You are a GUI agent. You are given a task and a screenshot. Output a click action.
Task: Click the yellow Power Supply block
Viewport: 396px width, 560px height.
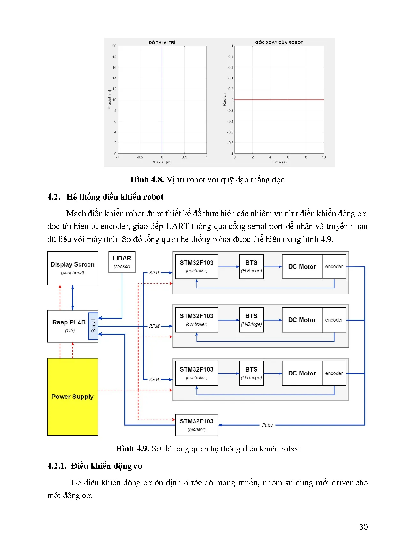point(72,397)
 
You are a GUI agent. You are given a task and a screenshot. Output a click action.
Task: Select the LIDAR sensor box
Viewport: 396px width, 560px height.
point(122,262)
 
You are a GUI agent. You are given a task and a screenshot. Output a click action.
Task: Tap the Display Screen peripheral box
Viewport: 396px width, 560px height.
point(72,268)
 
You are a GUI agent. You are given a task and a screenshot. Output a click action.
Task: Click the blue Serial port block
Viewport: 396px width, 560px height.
point(93,326)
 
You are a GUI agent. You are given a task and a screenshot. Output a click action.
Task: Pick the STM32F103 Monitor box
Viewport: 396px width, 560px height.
point(196,425)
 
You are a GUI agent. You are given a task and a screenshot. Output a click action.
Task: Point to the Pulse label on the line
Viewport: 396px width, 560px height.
point(267,425)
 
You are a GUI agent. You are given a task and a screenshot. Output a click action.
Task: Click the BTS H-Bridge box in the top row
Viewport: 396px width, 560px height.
point(251,267)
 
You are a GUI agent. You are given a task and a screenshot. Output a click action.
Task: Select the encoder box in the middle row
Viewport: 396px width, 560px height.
point(334,320)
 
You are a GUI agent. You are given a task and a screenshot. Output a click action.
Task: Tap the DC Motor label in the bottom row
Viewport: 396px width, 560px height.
point(302,373)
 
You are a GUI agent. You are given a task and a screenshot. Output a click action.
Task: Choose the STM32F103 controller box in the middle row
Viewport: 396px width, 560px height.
point(196,320)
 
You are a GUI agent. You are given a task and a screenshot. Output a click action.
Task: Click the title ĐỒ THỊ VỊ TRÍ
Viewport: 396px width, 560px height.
point(162,42)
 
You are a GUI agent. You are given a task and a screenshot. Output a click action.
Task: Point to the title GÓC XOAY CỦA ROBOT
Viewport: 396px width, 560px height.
point(279,42)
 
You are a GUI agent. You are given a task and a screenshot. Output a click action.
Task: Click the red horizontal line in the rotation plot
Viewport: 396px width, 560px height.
point(279,100)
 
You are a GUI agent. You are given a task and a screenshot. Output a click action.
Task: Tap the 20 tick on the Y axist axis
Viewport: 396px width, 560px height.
point(114,46)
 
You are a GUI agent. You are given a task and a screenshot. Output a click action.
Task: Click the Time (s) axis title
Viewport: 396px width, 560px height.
point(279,162)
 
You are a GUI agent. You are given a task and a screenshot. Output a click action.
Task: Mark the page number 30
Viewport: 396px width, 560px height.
point(363,527)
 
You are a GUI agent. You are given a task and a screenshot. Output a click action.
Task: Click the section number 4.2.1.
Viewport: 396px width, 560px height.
point(57,466)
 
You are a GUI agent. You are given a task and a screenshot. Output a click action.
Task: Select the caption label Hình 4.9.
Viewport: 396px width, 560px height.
point(132,449)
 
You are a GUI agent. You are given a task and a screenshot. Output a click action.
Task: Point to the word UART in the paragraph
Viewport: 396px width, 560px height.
point(177,226)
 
